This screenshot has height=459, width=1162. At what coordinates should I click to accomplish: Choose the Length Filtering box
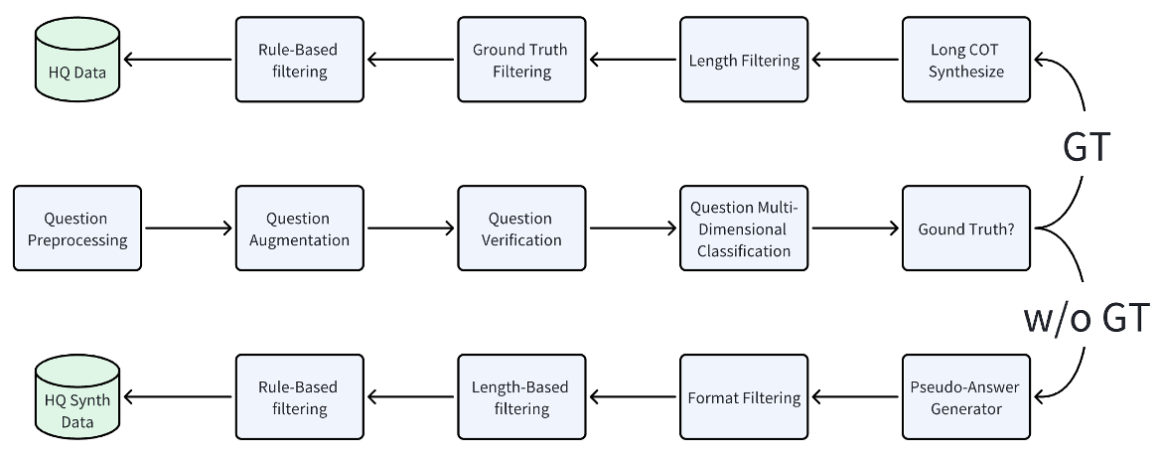744,60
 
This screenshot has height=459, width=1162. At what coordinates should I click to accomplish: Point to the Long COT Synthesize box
966,60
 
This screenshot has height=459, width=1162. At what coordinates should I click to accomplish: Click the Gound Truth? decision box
966,229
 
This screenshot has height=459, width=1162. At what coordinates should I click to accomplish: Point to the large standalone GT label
1085,146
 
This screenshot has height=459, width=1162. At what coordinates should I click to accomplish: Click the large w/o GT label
1086,318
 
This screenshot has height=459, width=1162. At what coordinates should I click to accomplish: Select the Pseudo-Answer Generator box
966,397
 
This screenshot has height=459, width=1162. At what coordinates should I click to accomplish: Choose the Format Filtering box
744,397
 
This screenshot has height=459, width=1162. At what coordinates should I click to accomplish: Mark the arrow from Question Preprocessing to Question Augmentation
189,229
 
